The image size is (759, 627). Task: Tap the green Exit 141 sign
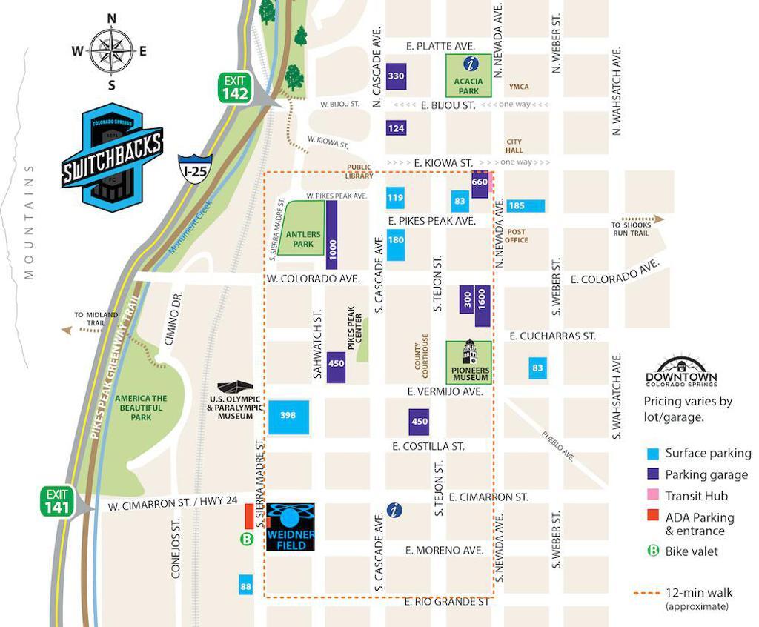point(57,501)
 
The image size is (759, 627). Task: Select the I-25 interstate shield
point(195,170)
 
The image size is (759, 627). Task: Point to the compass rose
point(111,51)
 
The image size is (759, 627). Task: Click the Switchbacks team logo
point(112,156)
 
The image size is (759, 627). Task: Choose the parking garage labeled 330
point(397,76)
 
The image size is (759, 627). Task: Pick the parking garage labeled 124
point(397,128)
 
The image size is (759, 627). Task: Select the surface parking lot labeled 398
point(288,416)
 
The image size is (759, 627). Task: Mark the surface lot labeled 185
point(526,205)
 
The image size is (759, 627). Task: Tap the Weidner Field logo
point(291,527)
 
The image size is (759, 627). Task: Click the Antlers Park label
point(303,239)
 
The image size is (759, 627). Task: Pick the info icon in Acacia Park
point(468,64)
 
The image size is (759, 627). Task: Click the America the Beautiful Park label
point(141,408)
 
